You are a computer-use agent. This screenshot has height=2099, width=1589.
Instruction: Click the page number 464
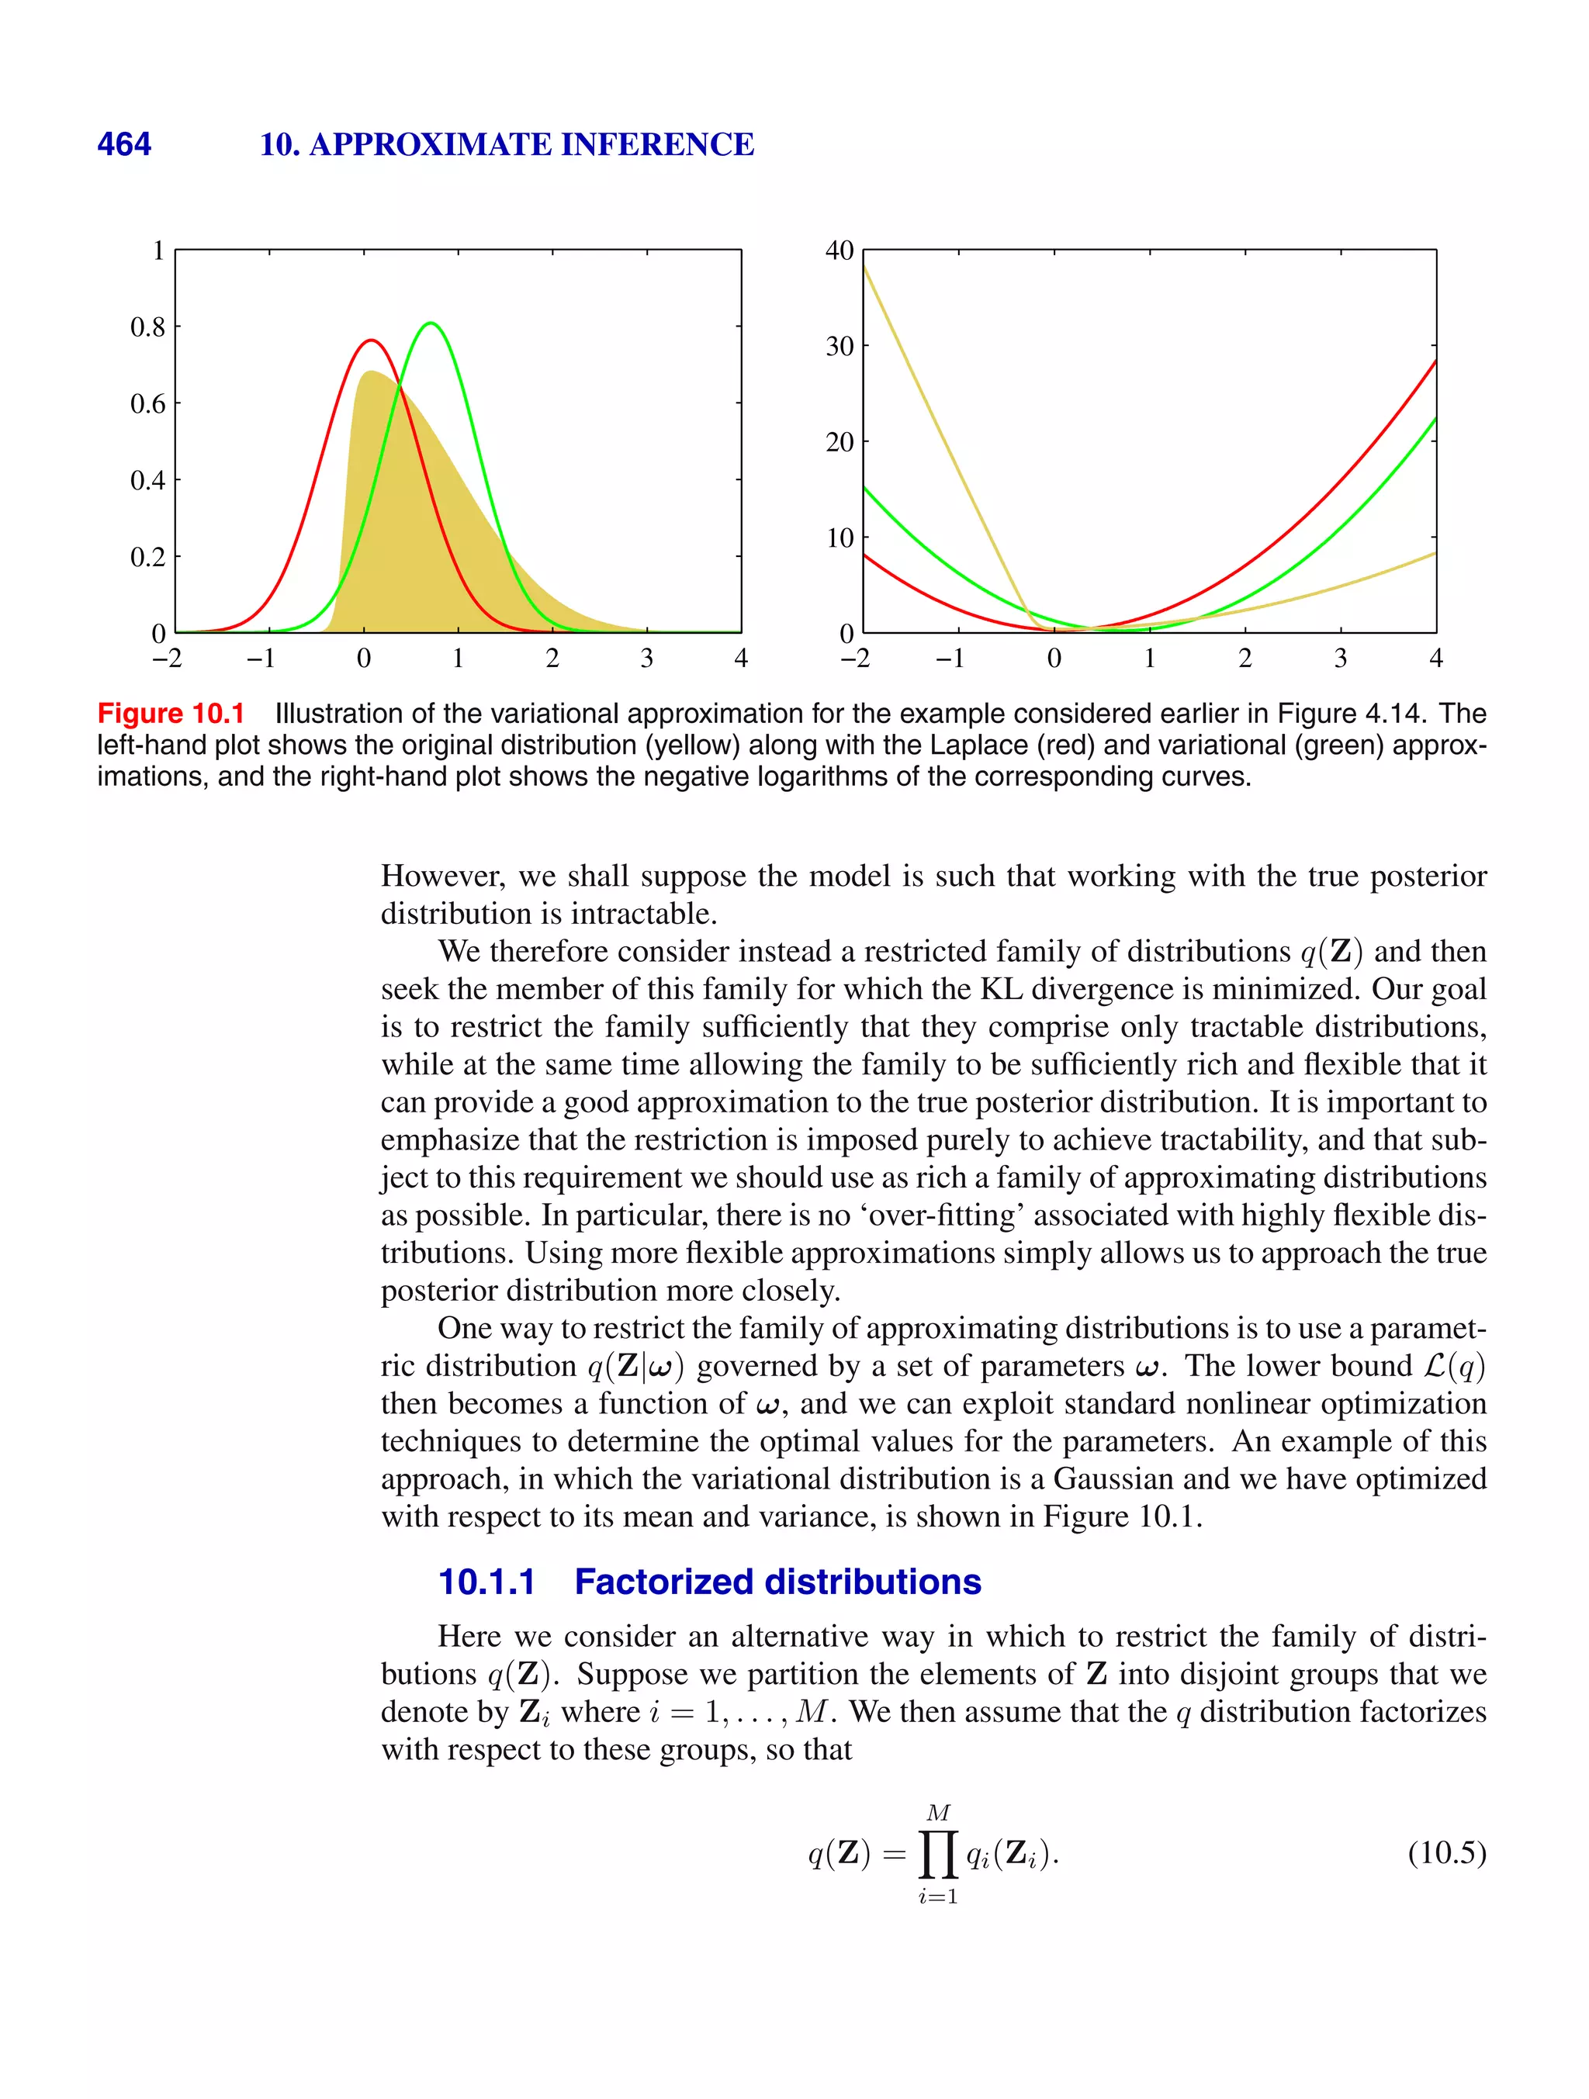coord(123,144)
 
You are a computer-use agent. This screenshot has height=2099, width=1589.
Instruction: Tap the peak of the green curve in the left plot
coord(431,323)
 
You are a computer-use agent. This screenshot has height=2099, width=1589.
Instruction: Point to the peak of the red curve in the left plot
coord(371,341)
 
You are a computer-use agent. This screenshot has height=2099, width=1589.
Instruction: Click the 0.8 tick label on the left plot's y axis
coord(147,327)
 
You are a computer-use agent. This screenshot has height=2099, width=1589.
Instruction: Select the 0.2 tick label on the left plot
coord(147,557)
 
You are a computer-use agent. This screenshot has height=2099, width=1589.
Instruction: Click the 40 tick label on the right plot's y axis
coord(840,251)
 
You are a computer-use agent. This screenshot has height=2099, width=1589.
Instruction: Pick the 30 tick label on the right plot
coord(840,347)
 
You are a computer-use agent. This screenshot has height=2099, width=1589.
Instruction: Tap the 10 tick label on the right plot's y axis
coord(840,538)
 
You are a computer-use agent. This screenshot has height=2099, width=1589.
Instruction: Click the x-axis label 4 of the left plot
coord(740,659)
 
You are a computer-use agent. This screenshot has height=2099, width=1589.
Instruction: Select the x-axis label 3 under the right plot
coord(1340,659)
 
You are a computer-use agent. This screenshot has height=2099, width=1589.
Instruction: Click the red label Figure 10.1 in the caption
coord(171,714)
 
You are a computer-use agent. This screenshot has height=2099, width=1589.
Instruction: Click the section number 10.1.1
coord(486,1582)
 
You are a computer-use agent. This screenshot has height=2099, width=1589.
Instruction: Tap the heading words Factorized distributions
coord(777,1582)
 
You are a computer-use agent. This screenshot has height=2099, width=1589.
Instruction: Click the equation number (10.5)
coord(1446,1852)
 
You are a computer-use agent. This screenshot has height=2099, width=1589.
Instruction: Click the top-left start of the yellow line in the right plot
coord(866,269)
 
